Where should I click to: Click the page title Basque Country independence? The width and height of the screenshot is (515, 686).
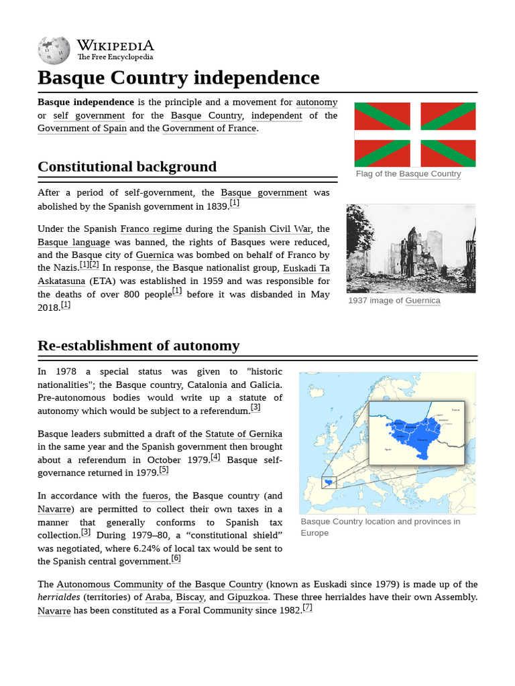pos(178,78)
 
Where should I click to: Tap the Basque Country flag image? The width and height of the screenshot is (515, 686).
pos(414,135)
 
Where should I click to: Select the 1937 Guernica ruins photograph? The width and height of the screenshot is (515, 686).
pos(410,249)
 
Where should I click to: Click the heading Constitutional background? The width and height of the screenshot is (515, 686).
pos(127,167)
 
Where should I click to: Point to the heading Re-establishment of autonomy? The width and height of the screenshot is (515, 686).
pos(138,346)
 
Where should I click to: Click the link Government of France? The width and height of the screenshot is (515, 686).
pos(209,129)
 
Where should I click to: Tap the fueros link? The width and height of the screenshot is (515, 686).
pos(155,496)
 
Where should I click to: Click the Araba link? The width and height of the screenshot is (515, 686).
pos(158,598)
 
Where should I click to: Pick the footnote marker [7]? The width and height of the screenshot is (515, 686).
pos(307,608)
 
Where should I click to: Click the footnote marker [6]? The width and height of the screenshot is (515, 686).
pos(176,558)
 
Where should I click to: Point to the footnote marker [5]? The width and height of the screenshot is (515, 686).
pos(164,470)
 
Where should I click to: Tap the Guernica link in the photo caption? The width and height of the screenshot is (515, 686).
pos(422,301)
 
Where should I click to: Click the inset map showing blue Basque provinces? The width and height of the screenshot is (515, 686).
pos(416,432)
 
